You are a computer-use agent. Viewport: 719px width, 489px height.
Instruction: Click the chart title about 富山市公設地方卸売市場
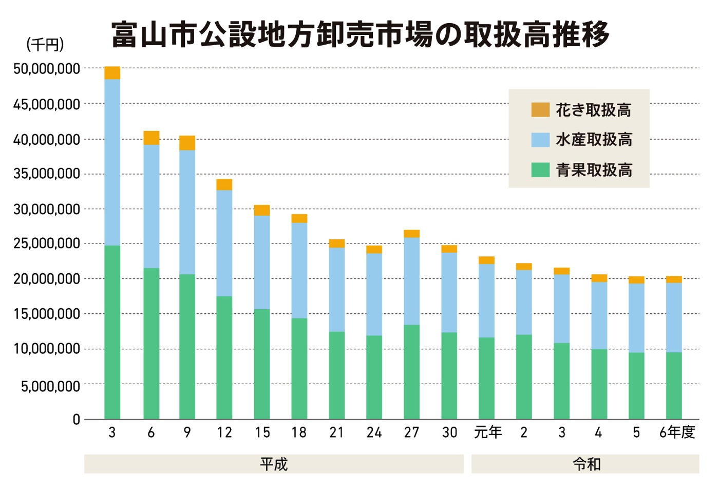(360, 35)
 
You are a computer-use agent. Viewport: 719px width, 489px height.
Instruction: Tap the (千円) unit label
(45, 45)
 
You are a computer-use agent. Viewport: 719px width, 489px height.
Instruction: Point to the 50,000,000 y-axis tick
(47, 69)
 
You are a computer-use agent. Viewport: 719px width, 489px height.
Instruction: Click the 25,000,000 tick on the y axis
(47, 243)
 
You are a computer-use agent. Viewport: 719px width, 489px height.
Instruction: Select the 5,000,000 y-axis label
(50, 386)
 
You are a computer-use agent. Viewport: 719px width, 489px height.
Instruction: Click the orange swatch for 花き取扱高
(540, 109)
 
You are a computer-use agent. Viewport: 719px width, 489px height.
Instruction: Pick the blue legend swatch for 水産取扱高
(540, 140)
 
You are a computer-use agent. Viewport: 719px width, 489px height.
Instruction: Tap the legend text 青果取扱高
(594, 170)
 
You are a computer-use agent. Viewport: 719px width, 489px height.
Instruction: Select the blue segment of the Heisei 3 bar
(112, 162)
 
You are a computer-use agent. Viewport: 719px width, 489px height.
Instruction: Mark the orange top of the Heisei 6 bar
(151, 138)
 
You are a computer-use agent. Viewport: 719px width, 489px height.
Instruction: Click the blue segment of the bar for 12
(224, 243)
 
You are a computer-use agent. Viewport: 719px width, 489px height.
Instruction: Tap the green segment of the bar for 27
(411, 371)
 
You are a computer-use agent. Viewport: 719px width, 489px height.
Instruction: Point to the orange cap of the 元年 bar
(486, 260)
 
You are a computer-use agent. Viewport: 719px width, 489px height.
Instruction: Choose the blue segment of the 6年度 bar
(674, 317)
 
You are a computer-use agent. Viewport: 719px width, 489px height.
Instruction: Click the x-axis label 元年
(487, 432)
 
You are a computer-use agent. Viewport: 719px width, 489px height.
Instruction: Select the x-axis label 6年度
(677, 432)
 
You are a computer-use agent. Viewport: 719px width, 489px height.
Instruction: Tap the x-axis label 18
(299, 432)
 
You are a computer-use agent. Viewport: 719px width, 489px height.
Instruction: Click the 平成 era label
(274, 464)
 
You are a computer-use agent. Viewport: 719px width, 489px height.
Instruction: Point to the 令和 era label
(586, 464)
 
